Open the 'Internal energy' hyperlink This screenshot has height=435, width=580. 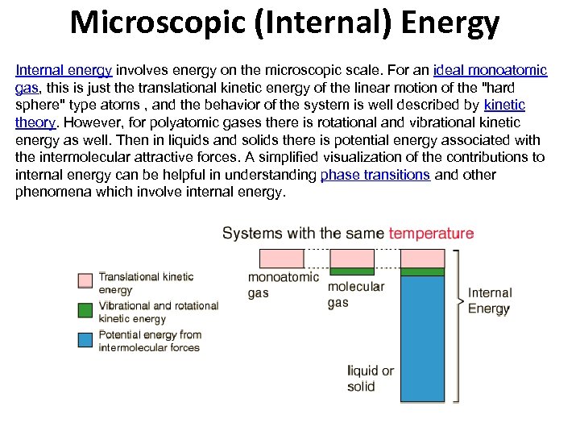[x=64, y=71]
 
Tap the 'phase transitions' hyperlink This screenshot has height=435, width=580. [x=375, y=175]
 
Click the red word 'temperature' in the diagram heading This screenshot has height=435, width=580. [x=431, y=234]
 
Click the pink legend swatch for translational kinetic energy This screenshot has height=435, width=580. [x=85, y=281]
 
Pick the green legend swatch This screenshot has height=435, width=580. [x=85, y=310]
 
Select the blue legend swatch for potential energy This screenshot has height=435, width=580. [x=85, y=339]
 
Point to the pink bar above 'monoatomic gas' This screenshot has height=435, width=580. [x=282, y=259]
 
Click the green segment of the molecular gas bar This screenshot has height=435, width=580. [x=353, y=271]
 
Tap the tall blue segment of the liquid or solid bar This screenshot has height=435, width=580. [x=422, y=338]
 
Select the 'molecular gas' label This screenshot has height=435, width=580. [x=356, y=294]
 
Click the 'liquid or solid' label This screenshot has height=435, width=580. [x=371, y=379]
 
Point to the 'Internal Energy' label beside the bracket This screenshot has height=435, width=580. [x=489, y=300]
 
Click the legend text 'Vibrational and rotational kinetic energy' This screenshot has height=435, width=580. [x=158, y=312]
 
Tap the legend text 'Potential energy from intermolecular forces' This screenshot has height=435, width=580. [x=150, y=341]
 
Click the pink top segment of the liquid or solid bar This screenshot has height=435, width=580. [x=422, y=259]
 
